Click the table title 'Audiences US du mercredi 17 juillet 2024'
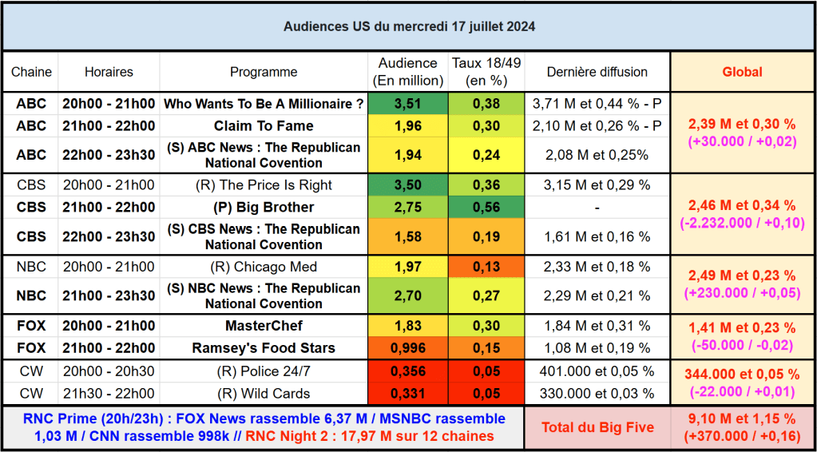pos(409,26)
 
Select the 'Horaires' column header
pos(109,72)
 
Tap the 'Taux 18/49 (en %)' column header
pos(486,72)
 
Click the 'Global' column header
pos(742,72)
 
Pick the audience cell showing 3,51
pos(407,104)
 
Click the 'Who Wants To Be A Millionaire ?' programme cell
pos(264,104)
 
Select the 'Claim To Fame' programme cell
pos(264,126)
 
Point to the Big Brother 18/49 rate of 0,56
pos(486,208)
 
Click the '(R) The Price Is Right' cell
pos(264,185)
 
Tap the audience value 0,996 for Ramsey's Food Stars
pos(407,348)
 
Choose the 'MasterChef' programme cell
pos(264,326)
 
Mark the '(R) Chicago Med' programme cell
pos(264,267)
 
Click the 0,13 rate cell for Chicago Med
pos(486,267)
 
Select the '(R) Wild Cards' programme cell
pos(264,393)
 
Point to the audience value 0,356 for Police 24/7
pos(407,371)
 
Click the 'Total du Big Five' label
pos(597,427)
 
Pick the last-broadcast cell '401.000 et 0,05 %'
pos(597,371)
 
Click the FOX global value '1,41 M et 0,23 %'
pos(742,327)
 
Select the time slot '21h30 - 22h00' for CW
pos(109,393)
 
